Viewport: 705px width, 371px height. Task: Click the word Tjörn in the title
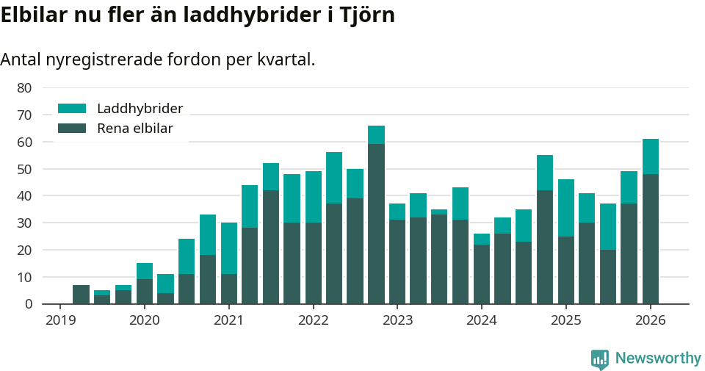point(368,15)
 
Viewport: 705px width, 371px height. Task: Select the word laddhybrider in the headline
point(253,15)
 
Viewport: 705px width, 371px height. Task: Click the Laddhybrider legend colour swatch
point(72,109)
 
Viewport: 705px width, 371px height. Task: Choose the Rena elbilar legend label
point(134,129)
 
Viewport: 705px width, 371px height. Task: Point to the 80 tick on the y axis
point(24,88)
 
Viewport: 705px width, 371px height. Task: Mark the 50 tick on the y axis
point(24,169)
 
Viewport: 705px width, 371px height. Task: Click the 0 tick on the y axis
point(28,304)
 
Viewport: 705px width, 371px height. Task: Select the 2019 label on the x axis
point(60,320)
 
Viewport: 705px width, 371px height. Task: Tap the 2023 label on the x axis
point(397,320)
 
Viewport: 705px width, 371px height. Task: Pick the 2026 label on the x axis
point(650,320)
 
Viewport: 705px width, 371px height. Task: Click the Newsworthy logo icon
point(600,359)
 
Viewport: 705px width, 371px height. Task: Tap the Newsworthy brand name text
point(658,359)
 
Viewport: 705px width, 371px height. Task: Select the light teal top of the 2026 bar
point(650,156)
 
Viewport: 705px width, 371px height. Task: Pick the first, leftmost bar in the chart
point(81,294)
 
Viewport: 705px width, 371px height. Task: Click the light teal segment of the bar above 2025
point(565,208)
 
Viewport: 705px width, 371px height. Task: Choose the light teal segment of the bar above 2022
point(314,197)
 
